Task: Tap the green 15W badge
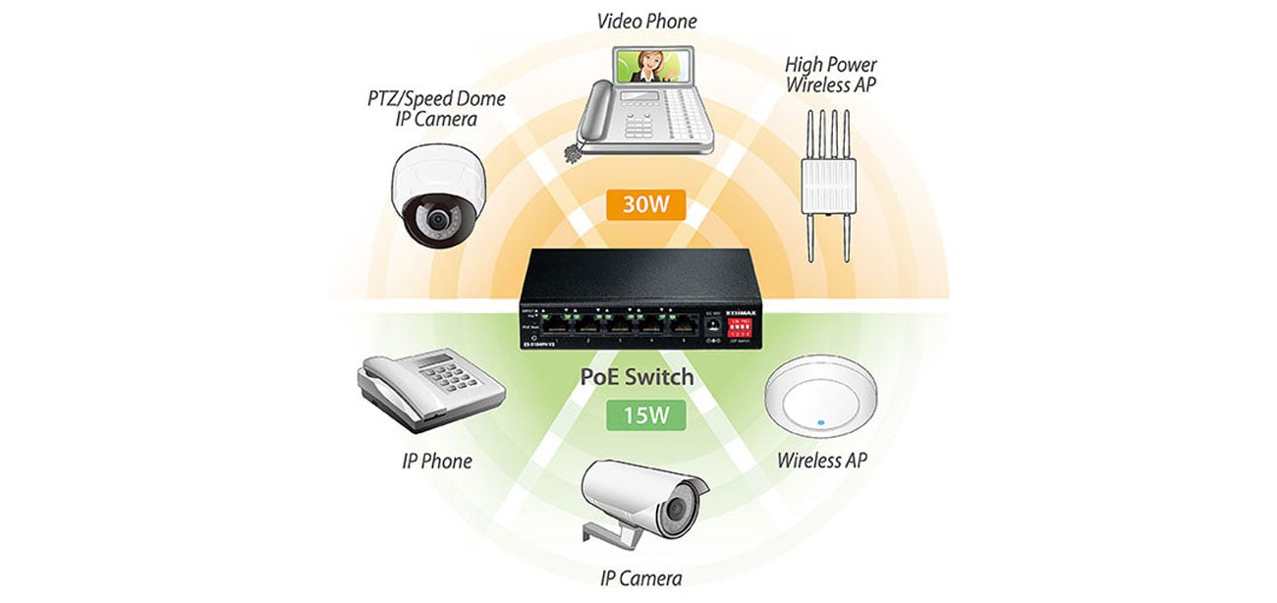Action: click(638, 415)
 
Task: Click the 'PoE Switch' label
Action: click(638, 377)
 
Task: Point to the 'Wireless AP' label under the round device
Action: click(822, 461)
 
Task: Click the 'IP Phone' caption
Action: click(437, 461)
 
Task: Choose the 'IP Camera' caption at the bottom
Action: click(641, 577)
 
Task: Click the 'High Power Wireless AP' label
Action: click(830, 75)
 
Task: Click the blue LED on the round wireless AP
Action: click(820, 423)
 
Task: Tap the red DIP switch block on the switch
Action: click(740, 326)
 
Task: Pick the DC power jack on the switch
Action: click(713, 324)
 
